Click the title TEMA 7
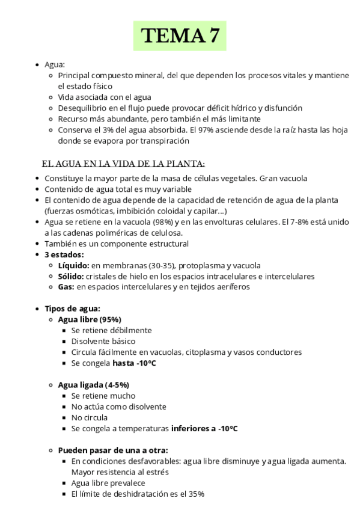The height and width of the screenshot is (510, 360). coord(180,36)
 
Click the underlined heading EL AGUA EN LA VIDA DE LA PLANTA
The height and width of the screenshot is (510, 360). coord(123,164)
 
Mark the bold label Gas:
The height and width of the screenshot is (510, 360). coord(66,287)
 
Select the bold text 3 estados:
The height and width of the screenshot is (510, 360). coord(64,254)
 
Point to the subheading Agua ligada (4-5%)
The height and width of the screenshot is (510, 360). coord(93,384)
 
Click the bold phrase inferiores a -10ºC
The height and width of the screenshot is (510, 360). coord(204,428)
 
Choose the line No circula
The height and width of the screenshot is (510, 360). coord(89,417)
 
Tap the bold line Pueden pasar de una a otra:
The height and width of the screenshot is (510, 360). coord(113,450)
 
